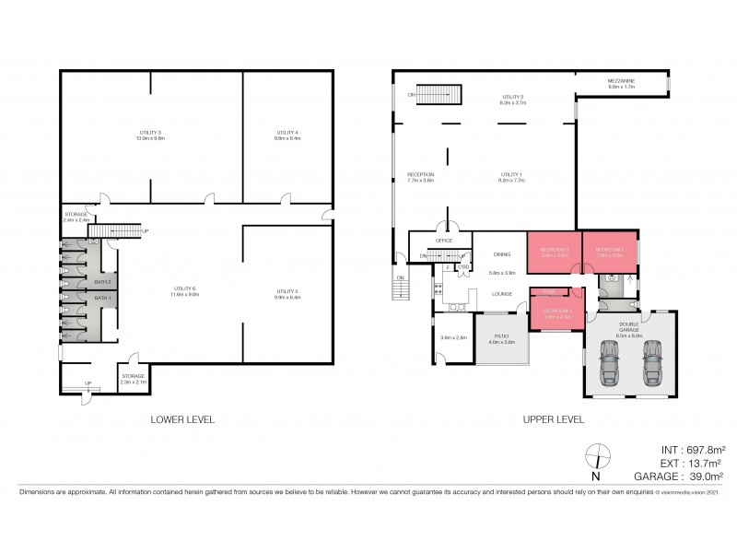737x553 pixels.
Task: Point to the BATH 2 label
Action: pos(102,281)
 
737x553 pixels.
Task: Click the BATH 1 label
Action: pos(102,298)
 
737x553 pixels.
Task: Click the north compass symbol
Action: pos(596,455)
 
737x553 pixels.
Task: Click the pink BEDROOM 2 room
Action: pos(609,250)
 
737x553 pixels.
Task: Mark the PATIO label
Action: pos(502,338)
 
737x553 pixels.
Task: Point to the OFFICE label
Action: pos(444,240)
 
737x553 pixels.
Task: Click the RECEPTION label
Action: pos(420,177)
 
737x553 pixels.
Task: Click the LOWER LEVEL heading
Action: pos(182,418)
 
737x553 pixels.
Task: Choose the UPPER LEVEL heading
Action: pos(553,418)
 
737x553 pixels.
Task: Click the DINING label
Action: pos(501,254)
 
